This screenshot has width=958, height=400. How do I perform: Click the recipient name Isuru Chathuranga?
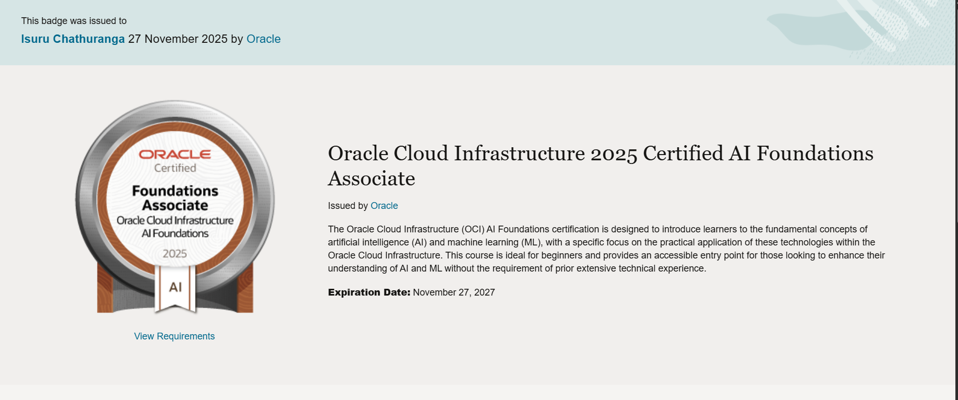73,39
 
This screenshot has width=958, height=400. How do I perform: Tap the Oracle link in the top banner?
263,39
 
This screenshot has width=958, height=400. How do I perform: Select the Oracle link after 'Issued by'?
384,206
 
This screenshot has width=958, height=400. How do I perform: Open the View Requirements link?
174,336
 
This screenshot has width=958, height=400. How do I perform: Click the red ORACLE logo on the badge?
175,155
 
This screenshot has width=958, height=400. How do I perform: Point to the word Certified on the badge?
175,168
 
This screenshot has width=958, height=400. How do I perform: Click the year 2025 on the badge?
175,254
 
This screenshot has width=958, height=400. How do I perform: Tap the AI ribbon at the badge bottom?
175,287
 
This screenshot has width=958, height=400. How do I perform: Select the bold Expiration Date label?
369,292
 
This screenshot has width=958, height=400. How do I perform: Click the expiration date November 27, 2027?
454,292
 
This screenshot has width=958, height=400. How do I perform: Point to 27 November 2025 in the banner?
177,39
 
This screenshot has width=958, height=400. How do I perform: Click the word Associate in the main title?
372,179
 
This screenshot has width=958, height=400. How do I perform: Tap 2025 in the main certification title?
614,154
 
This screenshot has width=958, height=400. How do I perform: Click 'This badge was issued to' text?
74,21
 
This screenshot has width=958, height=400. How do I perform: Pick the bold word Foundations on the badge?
175,191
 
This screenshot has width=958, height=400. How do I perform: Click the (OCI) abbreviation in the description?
473,229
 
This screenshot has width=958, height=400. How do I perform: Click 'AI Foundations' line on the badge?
175,233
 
